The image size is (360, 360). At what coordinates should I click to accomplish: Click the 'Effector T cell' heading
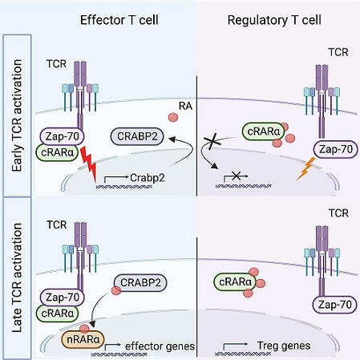pos(119,20)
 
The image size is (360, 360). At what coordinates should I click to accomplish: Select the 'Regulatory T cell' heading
pos(274,20)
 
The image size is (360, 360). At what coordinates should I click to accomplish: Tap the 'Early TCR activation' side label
pos(17,115)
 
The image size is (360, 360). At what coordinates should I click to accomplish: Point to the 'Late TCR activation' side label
pos(17,277)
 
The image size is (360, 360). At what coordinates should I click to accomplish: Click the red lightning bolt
pos(89,164)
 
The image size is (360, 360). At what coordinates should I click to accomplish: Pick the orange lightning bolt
pos(305,168)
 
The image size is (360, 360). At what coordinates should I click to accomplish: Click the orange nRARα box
pos(83,339)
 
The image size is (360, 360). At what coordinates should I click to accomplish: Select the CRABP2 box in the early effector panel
pos(137,136)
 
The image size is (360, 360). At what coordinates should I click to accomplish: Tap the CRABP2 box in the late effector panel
pos(140,282)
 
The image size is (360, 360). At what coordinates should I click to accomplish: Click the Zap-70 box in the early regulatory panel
pos(336,149)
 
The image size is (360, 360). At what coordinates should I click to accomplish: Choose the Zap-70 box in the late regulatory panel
pos(334,305)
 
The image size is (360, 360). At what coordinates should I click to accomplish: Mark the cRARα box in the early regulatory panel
pos(264,131)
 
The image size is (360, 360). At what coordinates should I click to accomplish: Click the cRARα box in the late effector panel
pos(58,313)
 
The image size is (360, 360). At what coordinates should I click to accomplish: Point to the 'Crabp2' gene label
pos(148,178)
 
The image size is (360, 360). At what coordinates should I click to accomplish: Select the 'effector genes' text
pos(160,346)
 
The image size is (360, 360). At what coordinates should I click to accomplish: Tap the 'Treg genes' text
pos(284,346)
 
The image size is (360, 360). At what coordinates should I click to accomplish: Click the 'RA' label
pos(185,106)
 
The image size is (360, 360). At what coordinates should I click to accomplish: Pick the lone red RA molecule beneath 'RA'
pos(173,117)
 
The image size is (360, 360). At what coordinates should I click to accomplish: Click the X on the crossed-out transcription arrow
pos(236,176)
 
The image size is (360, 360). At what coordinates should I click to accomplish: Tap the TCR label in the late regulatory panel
pos(338,213)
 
